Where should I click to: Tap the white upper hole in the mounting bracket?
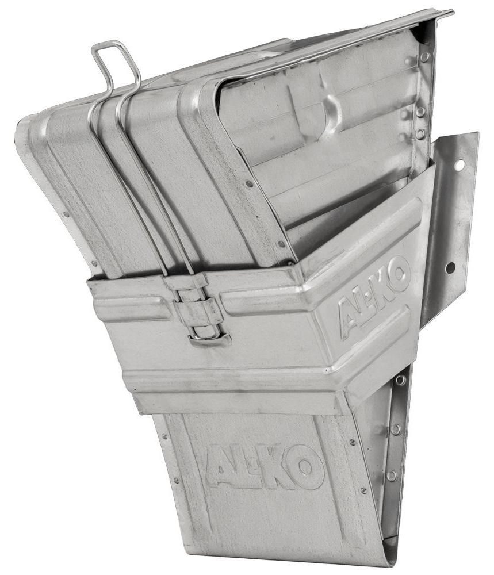tap(459, 166)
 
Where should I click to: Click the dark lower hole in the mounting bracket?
tap(450, 268)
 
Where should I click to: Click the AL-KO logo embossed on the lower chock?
tap(265, 466)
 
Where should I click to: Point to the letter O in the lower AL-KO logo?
tap(305, 467)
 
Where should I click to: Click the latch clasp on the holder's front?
tap(200, 310)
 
